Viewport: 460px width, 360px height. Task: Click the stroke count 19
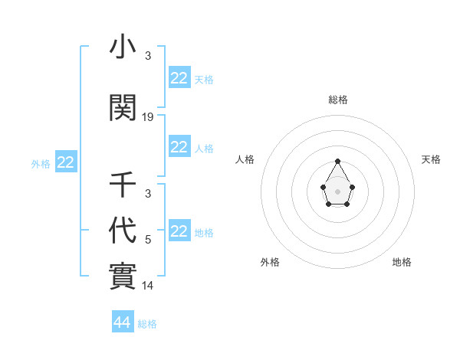tap(148, 117)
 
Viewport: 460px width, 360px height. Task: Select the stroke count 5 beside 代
tap(148, 240)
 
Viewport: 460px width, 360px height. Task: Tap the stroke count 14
tap(148, 286)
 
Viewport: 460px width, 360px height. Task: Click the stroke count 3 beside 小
tap(148, 56)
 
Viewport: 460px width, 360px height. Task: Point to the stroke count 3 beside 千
tap(148, 194)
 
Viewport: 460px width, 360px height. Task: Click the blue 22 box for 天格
tap(179, 78)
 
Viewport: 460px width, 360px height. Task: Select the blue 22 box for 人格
tap(179, 147)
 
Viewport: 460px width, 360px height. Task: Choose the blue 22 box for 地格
tap(179, 231)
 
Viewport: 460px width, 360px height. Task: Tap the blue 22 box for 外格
tap(66, 162)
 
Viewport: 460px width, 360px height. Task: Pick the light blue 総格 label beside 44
tap(147, 323)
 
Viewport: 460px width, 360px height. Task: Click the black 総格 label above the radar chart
tap(337, 100)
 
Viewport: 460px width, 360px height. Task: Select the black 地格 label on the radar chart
tap(402, 262)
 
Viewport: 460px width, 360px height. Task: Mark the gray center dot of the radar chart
tap(337, 191)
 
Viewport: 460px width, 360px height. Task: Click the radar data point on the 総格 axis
tap(337, 161)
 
